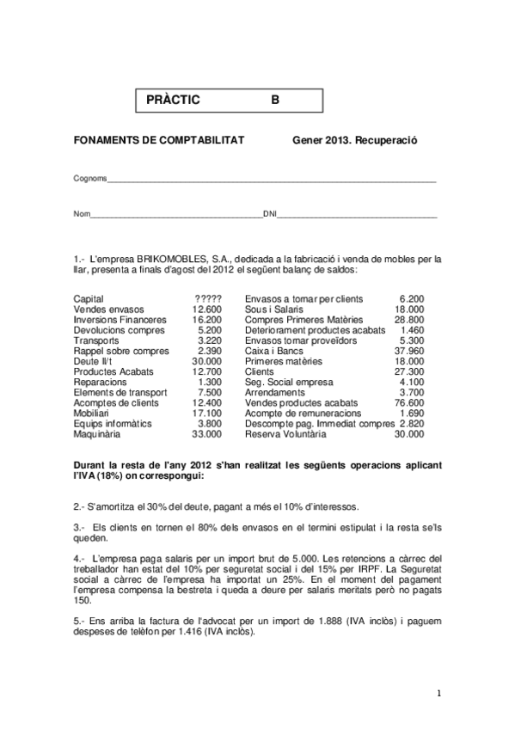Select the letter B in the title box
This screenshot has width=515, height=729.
click(x=275, y=100)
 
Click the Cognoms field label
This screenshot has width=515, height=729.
click(x=90, y=178)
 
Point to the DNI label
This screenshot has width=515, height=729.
click(x=269, y=213)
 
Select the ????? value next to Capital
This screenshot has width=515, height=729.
click(x=209, y=298)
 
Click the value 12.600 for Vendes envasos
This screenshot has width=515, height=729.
click(x=208, y=309)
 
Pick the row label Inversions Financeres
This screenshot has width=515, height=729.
click(x=120, y=319)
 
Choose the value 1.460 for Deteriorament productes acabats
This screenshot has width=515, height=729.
click(x=412, y=329)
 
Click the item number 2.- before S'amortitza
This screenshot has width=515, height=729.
click(x=80, y=506)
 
